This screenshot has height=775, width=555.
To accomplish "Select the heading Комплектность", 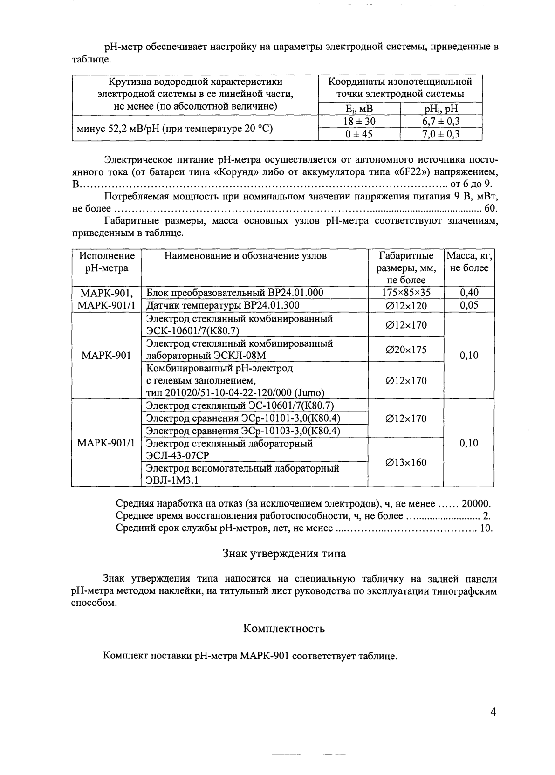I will pyautogui.click(x=284, y=629).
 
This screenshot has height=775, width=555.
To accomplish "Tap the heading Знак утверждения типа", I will pyautogui.click(x=284, y=554).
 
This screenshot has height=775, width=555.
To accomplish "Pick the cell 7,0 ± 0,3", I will pyautogui.click(x=441, y=134).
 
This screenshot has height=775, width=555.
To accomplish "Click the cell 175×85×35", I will pyautogui.click(x=406, y=293).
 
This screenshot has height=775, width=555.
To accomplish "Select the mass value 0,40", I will pyautogui.click(x=469, y=293).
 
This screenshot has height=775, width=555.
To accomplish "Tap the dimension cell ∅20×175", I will pyautogui.click(x=406, y=350).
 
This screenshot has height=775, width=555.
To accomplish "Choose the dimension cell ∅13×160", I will pyautogui.click(x=406, y=462).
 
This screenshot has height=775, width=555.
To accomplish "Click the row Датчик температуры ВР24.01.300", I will pyautogui.click(x=223, y=305).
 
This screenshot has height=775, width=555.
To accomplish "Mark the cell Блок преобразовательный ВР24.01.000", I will pyautogui.click(x=234, y=293).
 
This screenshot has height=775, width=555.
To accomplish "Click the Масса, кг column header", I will pyautogui.click(x=469, y=262).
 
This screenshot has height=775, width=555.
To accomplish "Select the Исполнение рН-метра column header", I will pyautogui.click(x=107, y=262).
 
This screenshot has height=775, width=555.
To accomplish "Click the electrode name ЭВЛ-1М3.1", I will pyautogui.click(x=172, y=480).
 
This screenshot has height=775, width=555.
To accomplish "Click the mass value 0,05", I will pyautogui.click(x=469, y=305).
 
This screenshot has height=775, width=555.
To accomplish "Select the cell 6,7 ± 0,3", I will pyautogui.click(x=441, y=122).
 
